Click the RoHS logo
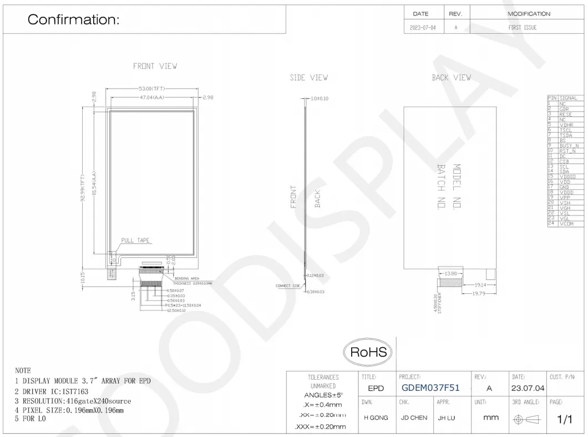pyautogui.click(x=368, y=352)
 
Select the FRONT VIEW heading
pyautogui.click(x=155, y=66)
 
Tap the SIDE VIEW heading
pyautogui.click(x=308, y=78)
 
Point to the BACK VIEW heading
pyautogui.click(x=451, y=78)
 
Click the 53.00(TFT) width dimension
pyautogui.click(x=153, y=89)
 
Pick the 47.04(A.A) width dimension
pyautogui.click(x=154, y=97)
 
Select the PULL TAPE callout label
pyautogui.click(x=136, y=240)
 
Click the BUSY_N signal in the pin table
pyautogui.click(x=569, y=145)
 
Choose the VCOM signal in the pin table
pyautogui.click(x=566, y=223)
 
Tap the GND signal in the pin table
pyautogui.click(x=564, y=187)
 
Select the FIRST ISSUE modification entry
pyautogui.click(x=522, y=27)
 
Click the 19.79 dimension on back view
pyautogui.click(x=479, y=293)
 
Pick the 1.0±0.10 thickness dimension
pyautogui.click(x=320, y=98)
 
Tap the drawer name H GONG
pyautogui.click(x=376, y=418)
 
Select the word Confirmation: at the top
pyautogui.click(x=73, y=20)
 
